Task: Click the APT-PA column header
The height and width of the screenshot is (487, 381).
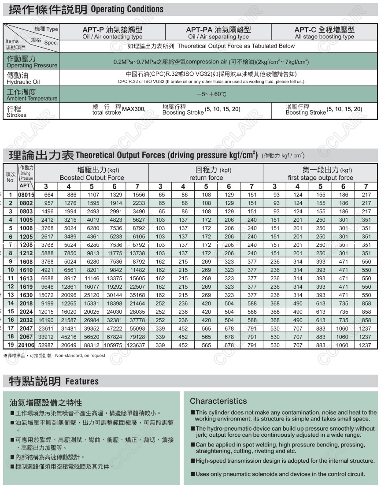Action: tap(218, 33)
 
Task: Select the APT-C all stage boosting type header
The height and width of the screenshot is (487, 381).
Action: tap(324, 33)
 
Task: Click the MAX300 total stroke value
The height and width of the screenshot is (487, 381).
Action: tap(133, 109)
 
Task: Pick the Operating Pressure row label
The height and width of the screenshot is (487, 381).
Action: tap(31, 62)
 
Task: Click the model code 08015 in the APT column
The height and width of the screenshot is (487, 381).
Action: tap(26, 195)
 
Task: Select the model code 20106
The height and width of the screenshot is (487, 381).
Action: tap(26, 346)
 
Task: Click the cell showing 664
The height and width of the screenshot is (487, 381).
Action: tap(48, 195)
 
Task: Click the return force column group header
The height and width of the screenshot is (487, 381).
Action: tap(206, 174)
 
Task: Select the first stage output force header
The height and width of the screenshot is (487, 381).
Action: tap(320, 174)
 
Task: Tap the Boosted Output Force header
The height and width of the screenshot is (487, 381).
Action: tap(92, 174)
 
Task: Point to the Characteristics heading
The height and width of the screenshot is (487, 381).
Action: tap(218, 401)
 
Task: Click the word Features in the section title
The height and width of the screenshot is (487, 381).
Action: tap(82, 381)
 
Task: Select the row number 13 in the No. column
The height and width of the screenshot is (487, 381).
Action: tap(11, 295)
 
